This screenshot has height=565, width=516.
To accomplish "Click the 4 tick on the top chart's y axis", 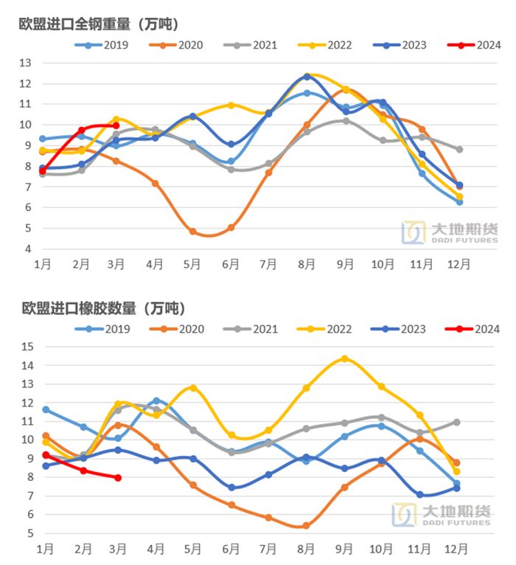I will click(x=28, y=249).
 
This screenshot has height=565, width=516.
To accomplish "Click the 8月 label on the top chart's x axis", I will click(x=307, y=264).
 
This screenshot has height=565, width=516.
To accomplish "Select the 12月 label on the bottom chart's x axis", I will click(x=456, y=549).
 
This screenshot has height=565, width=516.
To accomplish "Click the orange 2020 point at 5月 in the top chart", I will click(x=193, y=231).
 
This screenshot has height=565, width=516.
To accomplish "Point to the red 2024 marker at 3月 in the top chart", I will click(x=116, y=125).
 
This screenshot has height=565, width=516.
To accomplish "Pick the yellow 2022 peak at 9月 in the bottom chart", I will click(x=344, y=358).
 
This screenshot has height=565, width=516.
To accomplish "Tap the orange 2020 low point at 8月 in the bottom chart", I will click(x=306, y=526).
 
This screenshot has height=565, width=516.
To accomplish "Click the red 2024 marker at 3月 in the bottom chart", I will click(x=117, y=478).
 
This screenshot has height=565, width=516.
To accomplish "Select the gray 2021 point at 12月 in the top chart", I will click(x=459, y=149).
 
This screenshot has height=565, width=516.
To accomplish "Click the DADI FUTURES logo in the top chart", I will click(x=449, y=232).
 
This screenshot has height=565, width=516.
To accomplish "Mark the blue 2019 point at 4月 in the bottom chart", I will click(x=156, y=401).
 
